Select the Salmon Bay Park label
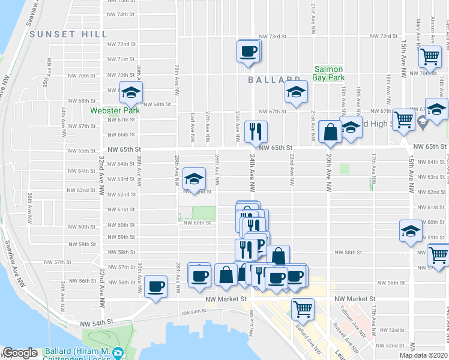329,73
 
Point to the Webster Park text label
115,110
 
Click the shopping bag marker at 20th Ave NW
330,132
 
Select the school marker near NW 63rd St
193,178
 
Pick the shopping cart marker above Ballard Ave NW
303,309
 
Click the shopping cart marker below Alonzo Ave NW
429,56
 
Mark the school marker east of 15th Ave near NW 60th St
411,231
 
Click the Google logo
20,353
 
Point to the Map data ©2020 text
423,355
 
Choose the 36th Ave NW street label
29,206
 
